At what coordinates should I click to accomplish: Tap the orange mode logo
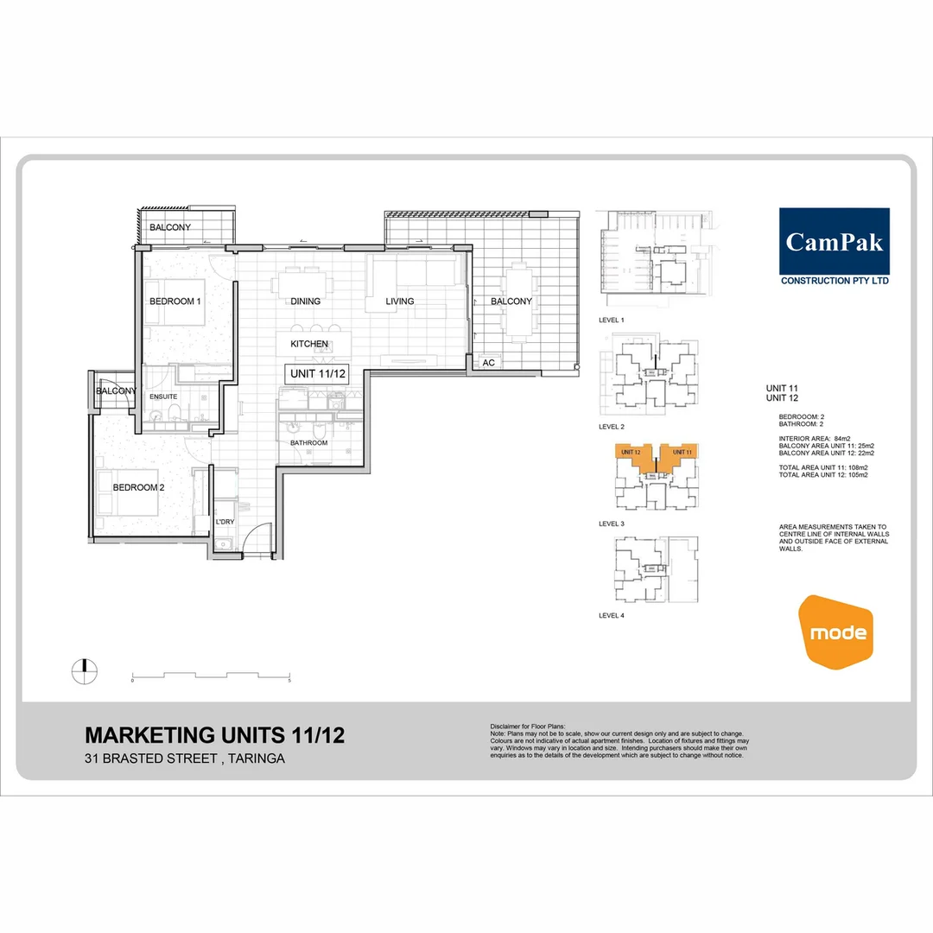coord(836,632)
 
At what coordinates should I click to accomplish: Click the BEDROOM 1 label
coord(175,301)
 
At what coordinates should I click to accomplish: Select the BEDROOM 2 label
coord(138,487)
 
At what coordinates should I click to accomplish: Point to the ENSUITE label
coord(163,397)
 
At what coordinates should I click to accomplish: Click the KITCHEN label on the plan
coord(309,344)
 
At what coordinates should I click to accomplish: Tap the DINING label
coord(306,301)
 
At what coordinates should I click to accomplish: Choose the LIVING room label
coord(400,301)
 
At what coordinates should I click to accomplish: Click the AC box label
coord(488,363)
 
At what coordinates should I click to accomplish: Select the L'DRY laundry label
coord(225,523)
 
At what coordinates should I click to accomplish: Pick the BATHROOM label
coord(309,443)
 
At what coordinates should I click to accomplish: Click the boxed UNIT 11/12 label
coord(316,374)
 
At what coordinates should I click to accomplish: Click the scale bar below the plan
coord(211,675)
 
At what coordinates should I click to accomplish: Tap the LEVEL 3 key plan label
coord(612,524)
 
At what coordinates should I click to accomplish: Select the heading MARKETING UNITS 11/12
coord(214,735)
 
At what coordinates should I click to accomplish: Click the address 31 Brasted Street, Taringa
coord(185,759)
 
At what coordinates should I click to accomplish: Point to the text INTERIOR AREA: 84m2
coord(815,438)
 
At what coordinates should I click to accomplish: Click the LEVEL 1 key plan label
coord(612,320)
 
